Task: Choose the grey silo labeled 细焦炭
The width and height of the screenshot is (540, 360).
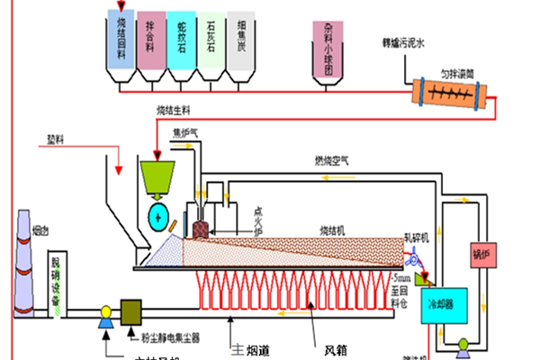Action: pos(240,40)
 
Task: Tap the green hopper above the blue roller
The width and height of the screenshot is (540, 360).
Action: pos(158,177)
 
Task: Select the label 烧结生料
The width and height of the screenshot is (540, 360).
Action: pos(175,110)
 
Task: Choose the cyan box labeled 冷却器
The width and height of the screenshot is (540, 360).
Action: pos(446,303)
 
